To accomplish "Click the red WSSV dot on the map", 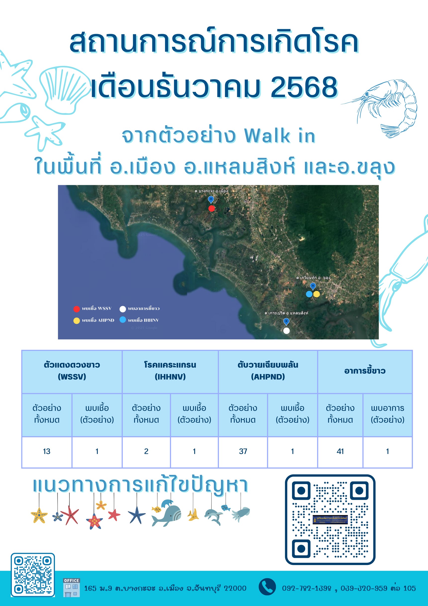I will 211,209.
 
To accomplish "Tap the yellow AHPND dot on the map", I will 316,294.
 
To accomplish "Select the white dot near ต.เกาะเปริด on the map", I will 287,331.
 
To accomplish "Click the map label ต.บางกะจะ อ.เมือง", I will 211,191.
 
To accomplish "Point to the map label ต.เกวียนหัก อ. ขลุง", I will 313,278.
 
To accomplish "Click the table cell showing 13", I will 47,451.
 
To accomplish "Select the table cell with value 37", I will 243,451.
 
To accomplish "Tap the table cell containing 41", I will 340,451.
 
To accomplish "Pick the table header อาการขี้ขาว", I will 365,371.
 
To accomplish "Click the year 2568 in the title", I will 304,87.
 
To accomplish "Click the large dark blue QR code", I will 330,519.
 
